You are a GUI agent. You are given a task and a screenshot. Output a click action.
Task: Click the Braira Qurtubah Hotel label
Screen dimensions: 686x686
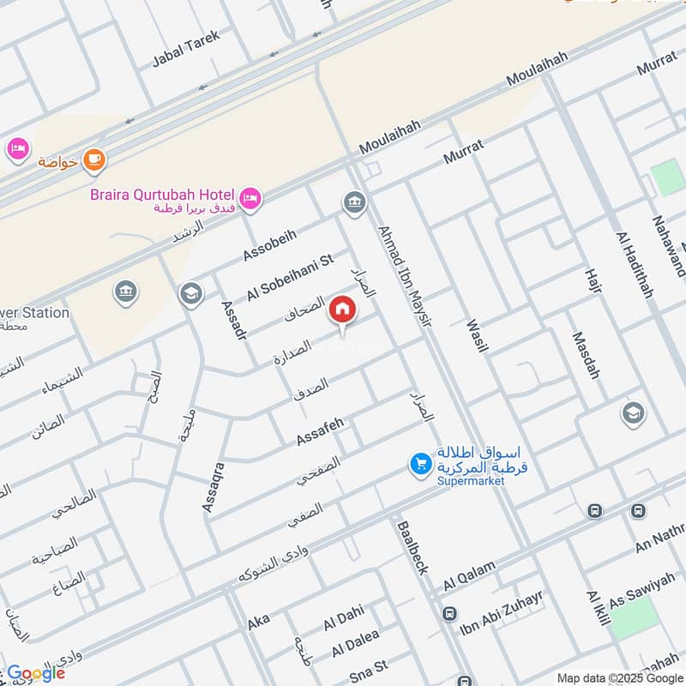(x=163, y=195)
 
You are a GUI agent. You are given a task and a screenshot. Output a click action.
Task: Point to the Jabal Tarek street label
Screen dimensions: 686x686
(x=186, y=49)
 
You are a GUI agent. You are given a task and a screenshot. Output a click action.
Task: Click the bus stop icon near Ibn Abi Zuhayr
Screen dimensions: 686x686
(x=449, y=614)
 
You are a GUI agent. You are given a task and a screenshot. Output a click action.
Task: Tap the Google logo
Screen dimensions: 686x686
(x=36, y=672)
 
